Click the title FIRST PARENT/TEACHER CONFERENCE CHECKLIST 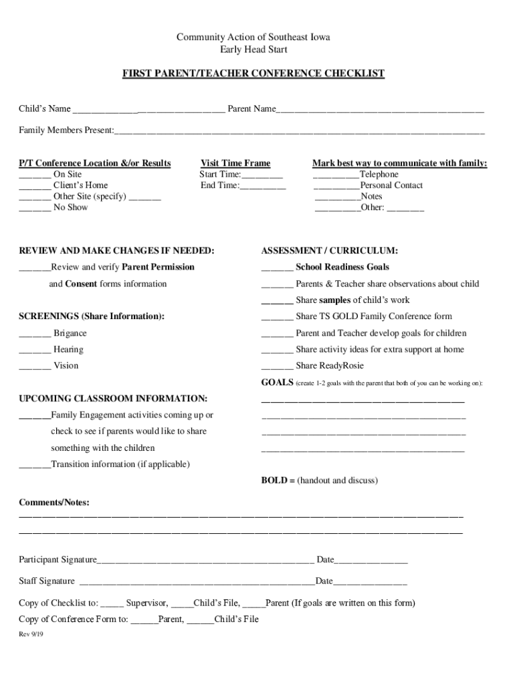253,74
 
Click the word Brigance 70,333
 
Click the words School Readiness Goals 342,267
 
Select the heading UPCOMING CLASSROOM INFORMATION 113,398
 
